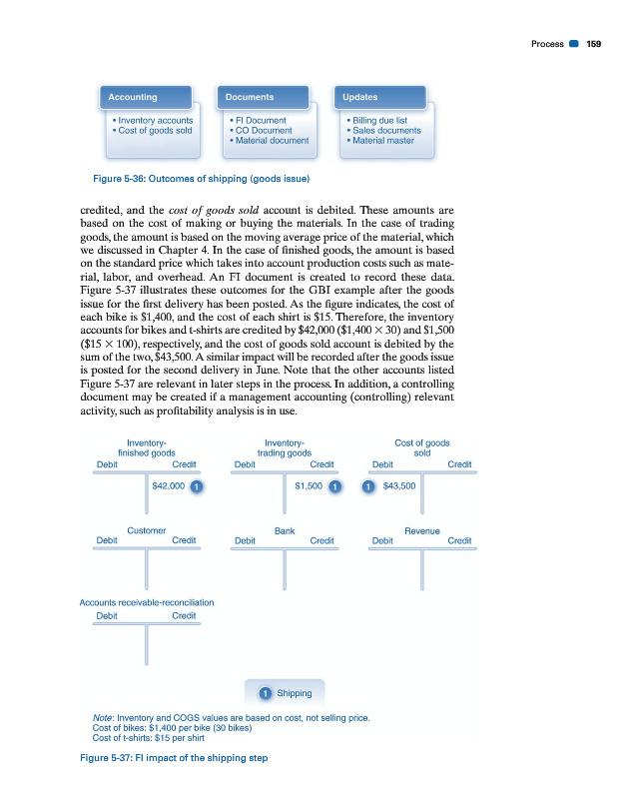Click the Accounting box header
(x=133, y=97)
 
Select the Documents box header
(x=250, y=97)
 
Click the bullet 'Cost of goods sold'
(x=155, y=130)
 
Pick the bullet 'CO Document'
(x=261, y=130)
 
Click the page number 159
(x=593, y=43)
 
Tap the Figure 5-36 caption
(x=193, y=179)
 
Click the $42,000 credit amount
(x=167, y=486)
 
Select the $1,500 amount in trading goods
(x=309, y=486)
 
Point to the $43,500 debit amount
(x=398, y=486)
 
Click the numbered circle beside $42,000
(x=198, y=486)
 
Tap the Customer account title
(x=147, y=531)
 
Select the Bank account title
(x=285, y=531)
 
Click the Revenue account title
(x=422, y=531)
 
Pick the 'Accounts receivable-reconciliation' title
(x=147, y=602)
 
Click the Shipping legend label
(x=294, y=693)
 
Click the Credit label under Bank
(x=321, y=540)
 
